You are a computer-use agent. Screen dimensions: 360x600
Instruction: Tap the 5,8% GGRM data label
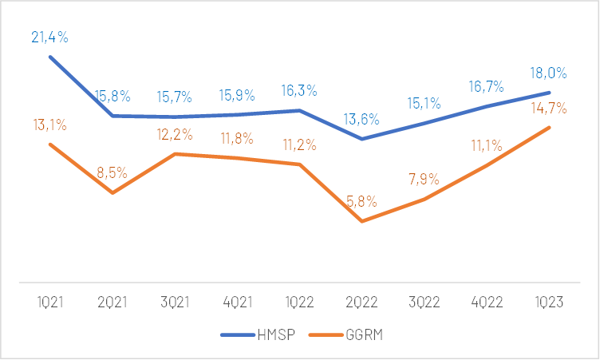pos(363,200)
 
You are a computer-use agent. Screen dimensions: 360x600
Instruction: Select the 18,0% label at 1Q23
pos(550,73)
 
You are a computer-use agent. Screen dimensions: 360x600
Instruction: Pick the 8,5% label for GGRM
pos(112,172)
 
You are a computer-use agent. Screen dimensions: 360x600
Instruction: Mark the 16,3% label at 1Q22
pos(299,91)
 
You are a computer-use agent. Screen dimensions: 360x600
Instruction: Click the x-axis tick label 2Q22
pos(361,302)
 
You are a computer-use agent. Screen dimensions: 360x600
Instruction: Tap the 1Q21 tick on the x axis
pos(49,302)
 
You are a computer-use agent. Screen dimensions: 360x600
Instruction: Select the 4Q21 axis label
pos(237,302)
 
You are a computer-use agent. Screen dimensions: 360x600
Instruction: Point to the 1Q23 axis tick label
pos(550,302)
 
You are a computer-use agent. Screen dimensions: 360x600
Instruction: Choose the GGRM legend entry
pos(344,336)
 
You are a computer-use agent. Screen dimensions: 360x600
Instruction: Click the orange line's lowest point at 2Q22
pos(362,221)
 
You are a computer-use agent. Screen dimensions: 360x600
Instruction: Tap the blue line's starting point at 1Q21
pos(49,57)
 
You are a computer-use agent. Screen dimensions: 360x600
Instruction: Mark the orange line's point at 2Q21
pos(112,192)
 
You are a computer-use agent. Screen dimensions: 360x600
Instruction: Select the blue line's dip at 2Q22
pos(362,139)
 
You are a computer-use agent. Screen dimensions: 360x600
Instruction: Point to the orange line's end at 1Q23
pos(550,128)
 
